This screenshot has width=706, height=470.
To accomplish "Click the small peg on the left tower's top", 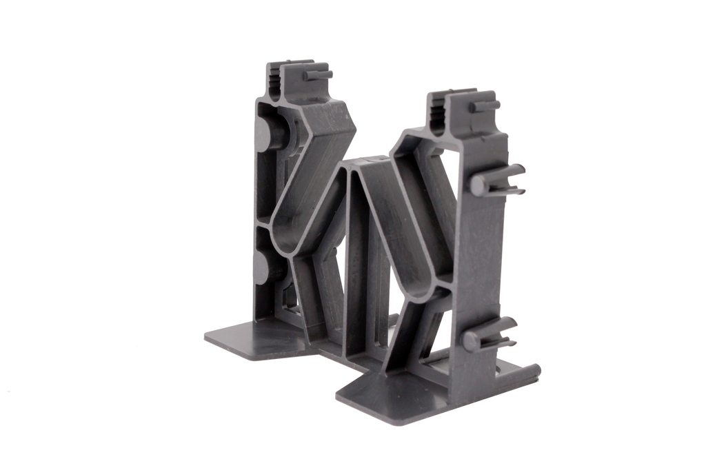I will [x=318, y=73].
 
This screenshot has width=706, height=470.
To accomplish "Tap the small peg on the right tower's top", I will [x=485, y=106].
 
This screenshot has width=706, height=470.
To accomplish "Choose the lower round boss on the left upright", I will [x=265, y=266].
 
